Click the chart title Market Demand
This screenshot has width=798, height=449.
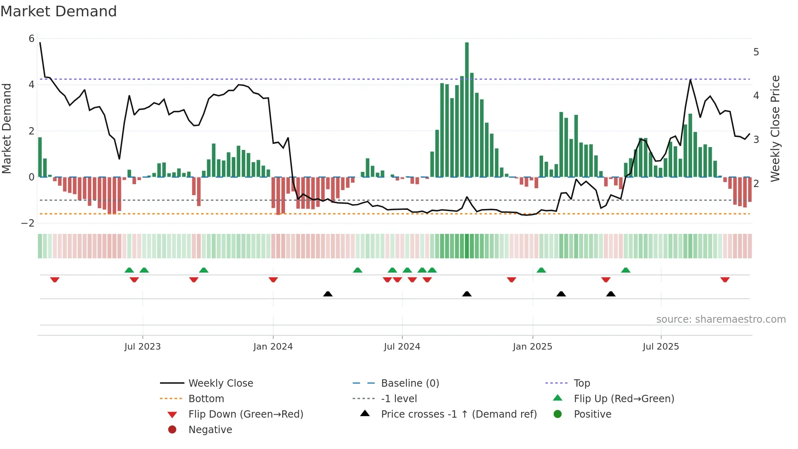point(59,11)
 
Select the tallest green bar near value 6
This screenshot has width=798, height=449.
point(467,110)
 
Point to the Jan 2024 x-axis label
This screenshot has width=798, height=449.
point(273,347)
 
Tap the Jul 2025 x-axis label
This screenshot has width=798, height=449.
point(661,347)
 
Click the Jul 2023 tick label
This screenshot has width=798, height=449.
point(142,347)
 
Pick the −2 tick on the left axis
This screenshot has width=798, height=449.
point(28,223)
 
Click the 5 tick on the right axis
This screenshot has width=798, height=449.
point(756,52)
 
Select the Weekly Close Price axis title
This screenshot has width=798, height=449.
point(775,128)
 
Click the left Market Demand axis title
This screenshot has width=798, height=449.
point(7,128)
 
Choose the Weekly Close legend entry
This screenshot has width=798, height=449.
point(220,383)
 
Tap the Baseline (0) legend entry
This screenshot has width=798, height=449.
point(410,383)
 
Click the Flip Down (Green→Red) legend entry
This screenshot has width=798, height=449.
point(246,414)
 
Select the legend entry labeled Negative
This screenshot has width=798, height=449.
point(210,430)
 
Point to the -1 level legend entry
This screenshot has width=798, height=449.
point(399,399)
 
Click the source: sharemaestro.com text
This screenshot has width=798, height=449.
point(721,319)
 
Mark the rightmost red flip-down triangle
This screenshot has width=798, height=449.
point(725,280)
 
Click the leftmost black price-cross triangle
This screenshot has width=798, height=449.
point(328,294)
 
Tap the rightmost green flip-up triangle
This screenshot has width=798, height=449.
point(626,270)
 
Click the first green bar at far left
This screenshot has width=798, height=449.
point(40,157)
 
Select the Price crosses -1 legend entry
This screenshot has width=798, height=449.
point(458,414)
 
